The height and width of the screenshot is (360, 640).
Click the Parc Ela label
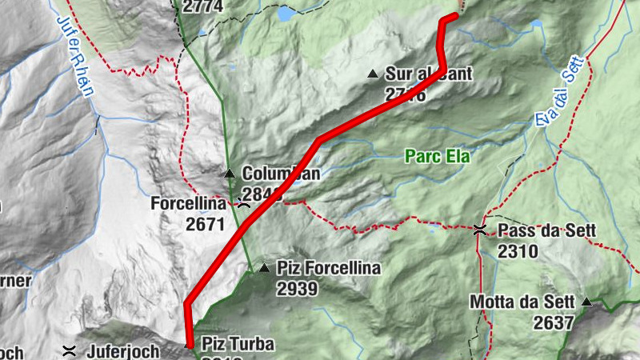pos(437,157)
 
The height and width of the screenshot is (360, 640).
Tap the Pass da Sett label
pos(547,231)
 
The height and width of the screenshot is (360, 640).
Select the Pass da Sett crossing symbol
pos(480,230)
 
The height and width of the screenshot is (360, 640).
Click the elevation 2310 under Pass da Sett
pos(517,251)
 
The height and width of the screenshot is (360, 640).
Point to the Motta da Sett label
pos(522,302)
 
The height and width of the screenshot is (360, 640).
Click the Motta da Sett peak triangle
pos(586,302)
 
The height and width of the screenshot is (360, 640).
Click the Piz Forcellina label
pos(329,268)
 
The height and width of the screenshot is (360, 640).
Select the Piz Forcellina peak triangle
pos(264,267)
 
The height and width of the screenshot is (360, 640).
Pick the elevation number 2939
pos(298,288)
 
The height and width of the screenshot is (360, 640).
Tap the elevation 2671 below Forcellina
pos(205,225)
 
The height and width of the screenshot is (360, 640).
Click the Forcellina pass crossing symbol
pos(243,204)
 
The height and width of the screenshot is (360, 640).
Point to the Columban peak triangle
pos(230,173)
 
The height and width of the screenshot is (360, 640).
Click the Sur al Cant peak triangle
pos(372,74)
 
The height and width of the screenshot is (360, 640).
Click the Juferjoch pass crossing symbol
pos(70,350)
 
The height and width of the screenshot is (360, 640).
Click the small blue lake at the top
pos(286,13)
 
